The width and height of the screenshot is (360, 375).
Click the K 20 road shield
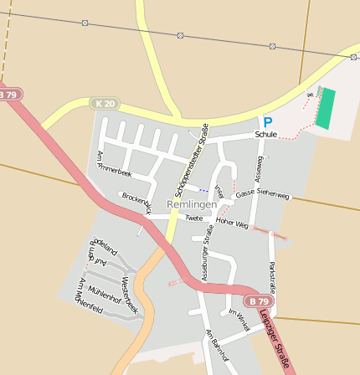click(x=105, y=103)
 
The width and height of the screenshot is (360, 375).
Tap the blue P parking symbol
click(x=267, y=121)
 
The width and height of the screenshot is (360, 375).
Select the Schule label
click(x=266, y=134)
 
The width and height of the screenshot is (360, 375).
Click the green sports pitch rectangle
click(x=324, y=109)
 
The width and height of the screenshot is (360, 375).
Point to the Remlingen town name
click(x=192, y=204)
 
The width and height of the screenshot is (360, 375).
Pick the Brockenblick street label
click(x=136, y=202)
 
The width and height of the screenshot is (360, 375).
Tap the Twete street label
click(x=193, y=218)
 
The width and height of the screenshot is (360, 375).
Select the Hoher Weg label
click(x=232, y=223)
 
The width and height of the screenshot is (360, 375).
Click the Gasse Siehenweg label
click(x=262, y=194)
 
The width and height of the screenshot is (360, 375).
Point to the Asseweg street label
click(x=259, y=168)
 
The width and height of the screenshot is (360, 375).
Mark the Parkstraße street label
click(x=271, y=275)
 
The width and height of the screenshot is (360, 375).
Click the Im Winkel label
click(x=239, y=320)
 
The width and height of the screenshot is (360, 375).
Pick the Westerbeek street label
click(x=129, y=295)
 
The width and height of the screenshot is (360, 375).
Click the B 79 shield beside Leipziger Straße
click(x=260, y=301)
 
